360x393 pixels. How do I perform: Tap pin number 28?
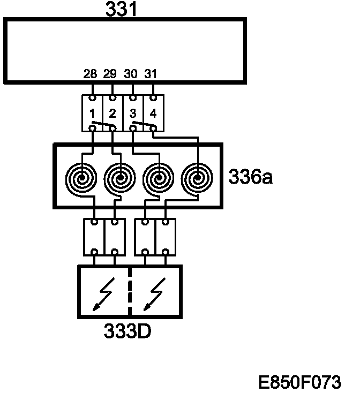(90, 74)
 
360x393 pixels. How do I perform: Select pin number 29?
(110, 74)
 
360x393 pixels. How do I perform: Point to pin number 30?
(131, 74)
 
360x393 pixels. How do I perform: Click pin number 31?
(151, 74)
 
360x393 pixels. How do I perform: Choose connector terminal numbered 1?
(93, 114)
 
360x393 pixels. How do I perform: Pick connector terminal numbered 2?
(112, 114)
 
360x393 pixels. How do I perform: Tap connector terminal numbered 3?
(132, 114)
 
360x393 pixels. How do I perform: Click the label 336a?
(251, 176)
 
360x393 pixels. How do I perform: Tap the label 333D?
(127, 331)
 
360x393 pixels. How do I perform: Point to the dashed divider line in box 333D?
(129, 292)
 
